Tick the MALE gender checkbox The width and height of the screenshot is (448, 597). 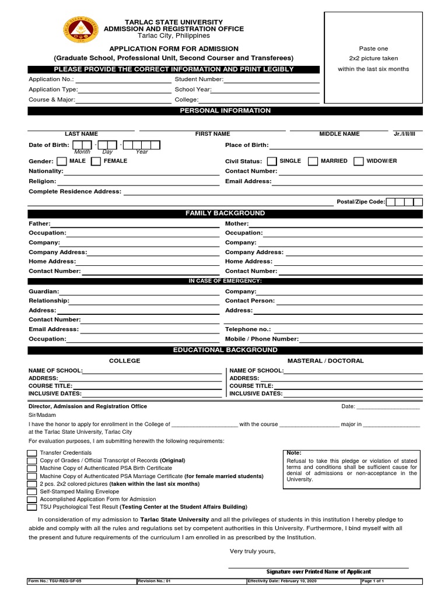63,161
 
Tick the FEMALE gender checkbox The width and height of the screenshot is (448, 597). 96,161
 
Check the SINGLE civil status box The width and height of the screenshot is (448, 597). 272,161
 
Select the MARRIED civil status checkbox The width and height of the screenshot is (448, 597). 313,161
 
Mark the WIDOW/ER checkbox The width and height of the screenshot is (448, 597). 359,161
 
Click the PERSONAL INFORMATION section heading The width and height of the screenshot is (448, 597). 225,111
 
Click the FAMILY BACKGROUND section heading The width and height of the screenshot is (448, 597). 225,213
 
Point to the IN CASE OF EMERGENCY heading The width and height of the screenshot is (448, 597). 225,281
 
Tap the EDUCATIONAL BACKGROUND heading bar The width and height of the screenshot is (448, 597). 225,350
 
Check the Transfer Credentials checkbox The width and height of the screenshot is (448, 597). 32,453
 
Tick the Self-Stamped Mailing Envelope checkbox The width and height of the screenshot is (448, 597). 32,491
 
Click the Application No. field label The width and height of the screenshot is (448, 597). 48,79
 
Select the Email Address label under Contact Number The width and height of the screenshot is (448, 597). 248,181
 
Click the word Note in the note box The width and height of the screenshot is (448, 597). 293,453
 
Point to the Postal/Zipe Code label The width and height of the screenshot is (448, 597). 360,202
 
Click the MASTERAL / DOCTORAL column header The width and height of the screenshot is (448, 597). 325,361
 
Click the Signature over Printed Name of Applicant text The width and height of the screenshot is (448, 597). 318,572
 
